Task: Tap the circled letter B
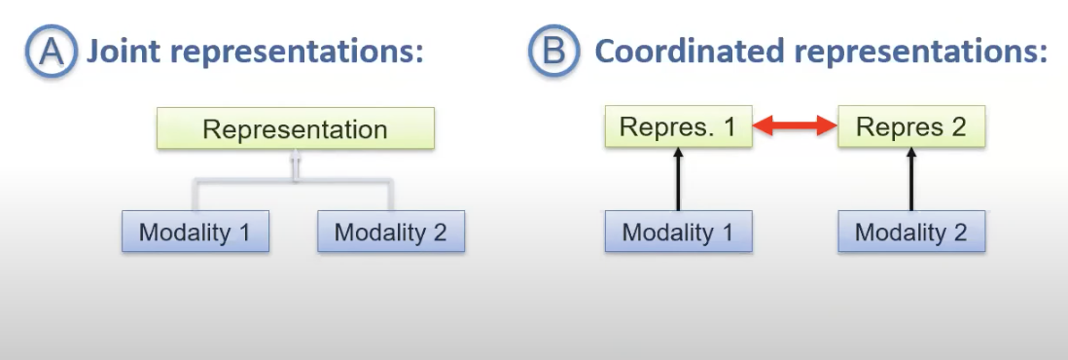pos(554,53)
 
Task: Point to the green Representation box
pos(295,128)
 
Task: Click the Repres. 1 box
pos(678,126)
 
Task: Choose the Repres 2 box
pos(911,126)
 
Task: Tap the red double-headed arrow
pos(795,126)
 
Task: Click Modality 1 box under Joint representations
pos(196,232)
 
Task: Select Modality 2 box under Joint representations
pos(391,232)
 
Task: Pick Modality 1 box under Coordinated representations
pos(678,232)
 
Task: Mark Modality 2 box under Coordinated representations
pos(911,232)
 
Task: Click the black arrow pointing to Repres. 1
pos(678,179)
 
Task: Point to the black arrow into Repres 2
pos(911,179)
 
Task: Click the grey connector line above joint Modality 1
pos(196,196)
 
